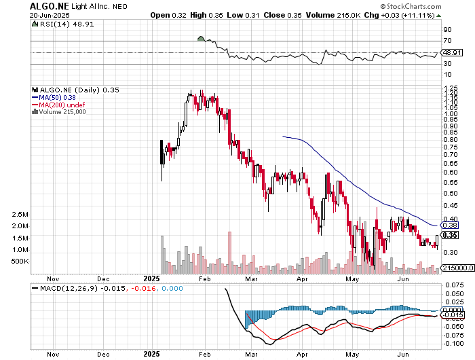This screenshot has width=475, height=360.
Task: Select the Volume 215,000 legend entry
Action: (x=62, y=112)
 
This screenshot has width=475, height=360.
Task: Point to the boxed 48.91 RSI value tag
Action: (x=451, y=52)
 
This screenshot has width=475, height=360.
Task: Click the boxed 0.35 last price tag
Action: (x=451, y=235)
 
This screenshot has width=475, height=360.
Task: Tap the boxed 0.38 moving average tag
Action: (x=451, y=225)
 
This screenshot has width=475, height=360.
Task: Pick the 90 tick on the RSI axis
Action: (x=447, y=30)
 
